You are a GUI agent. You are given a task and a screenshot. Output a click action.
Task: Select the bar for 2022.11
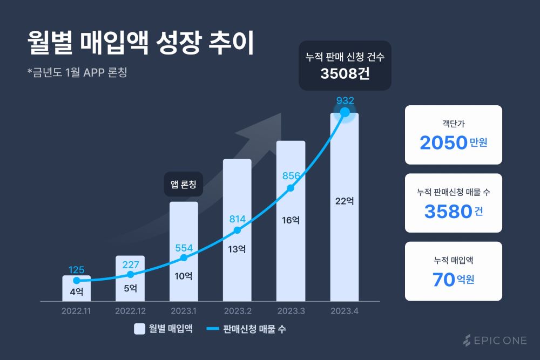[76, 289]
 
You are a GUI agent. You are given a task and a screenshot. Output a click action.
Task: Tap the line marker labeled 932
[345, 113]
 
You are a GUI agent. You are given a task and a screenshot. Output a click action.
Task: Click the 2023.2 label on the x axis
[237, 311]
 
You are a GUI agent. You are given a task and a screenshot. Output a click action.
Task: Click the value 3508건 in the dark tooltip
[345, 74]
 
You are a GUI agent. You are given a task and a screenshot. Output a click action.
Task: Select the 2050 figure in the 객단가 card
[443, 143]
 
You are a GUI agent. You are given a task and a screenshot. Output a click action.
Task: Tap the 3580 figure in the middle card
[448, 212]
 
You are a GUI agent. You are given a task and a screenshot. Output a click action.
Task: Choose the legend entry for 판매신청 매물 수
[246, 329]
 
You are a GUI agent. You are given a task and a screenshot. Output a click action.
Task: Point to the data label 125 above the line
[77, 269]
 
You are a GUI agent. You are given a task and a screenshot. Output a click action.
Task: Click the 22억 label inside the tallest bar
[345, 201]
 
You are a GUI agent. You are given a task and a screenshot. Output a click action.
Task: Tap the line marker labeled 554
[184, 257]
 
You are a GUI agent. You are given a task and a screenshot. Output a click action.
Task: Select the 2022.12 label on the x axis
[130, 311]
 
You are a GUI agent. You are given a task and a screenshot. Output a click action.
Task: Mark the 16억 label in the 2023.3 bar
[291, 220]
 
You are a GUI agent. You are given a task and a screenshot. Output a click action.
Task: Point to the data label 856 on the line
[291, 176]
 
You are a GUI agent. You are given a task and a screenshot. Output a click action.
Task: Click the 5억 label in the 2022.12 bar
[130, 288]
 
